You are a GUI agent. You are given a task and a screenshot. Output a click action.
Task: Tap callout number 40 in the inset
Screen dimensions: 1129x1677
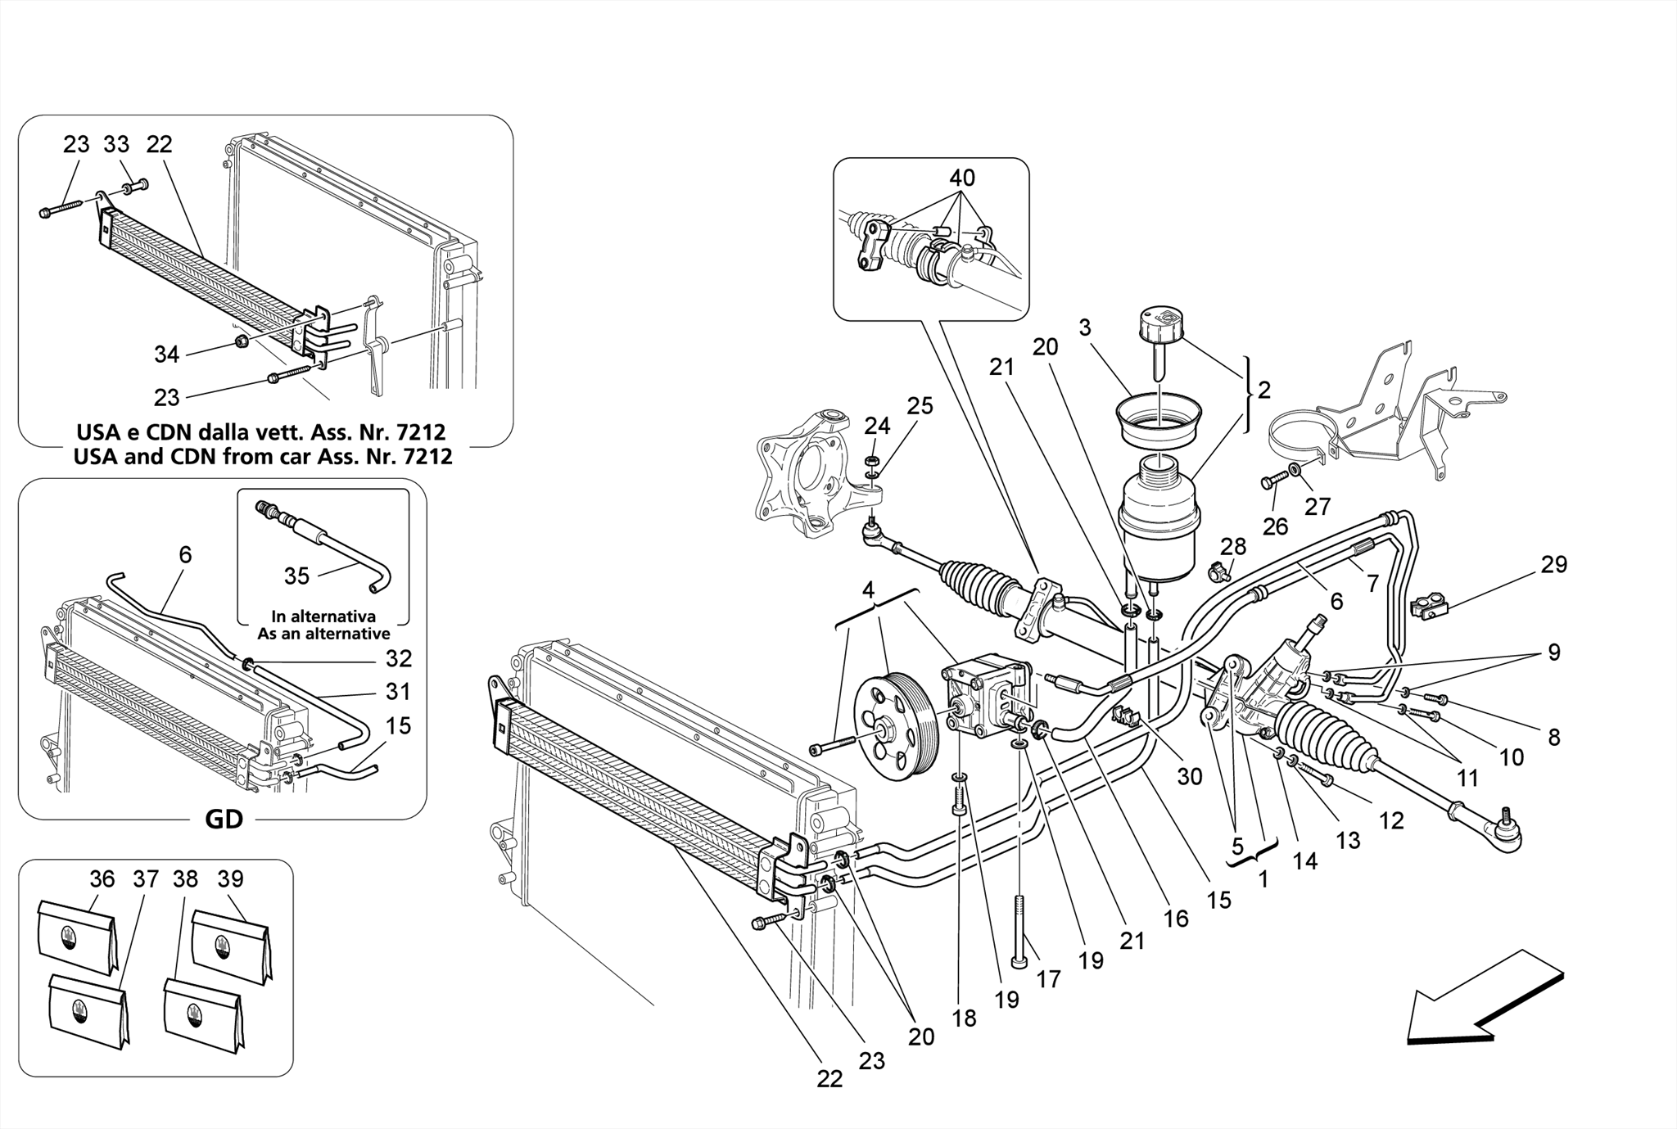click(962, 178)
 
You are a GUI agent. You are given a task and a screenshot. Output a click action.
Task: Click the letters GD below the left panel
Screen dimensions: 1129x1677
click(224, 819)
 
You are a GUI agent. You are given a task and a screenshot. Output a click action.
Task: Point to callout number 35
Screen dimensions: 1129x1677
click(296, 576)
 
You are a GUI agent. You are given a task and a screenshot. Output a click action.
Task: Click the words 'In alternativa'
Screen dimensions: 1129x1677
click(323, 616)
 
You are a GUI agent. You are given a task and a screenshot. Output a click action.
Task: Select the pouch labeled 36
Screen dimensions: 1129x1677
click(78, 937)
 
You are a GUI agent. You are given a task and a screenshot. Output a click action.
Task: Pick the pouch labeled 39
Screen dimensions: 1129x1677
click(230, 946)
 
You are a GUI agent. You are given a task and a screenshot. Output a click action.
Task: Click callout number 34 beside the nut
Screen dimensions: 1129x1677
click(166, 355)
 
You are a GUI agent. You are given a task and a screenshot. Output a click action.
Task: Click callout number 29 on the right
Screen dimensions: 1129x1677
click(1553, 565)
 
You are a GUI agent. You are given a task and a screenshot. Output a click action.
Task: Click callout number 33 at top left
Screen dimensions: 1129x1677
click(116, 145)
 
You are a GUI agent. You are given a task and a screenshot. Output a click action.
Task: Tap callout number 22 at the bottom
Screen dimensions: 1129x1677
click(829, 1078)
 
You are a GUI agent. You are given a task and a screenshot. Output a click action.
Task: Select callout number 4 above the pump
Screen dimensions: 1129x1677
click(868, 589)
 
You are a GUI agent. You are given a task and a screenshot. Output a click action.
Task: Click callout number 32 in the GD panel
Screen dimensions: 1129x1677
click(398, 658)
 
